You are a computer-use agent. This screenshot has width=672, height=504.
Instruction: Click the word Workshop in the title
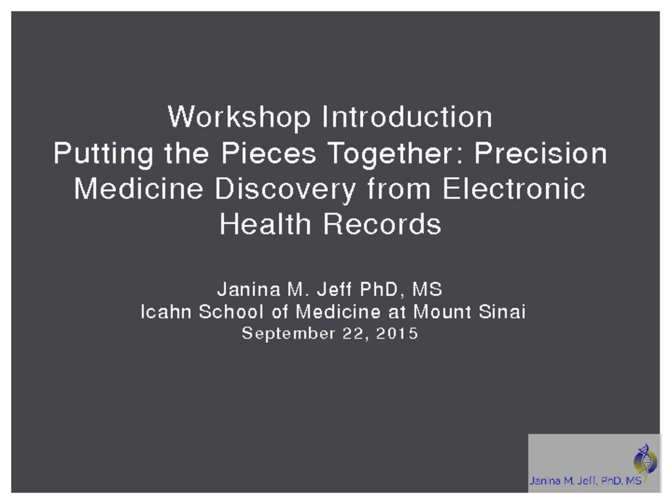click(x=239, y=117)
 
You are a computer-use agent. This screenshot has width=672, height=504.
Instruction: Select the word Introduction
click(x=407, y=117)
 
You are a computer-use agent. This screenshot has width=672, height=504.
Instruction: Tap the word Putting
click(x=103, y=154)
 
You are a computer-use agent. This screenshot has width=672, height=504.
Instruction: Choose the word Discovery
click(x=285, y=190)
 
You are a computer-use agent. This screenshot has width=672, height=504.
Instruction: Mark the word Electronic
click(x=514, y=188)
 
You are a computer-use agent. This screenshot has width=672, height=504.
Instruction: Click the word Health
click(x=265, y=224)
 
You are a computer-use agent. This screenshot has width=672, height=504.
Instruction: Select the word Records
click(x=382, y=224)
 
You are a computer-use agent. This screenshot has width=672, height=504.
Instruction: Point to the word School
click(x=231, y=312)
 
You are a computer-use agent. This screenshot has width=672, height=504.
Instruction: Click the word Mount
click(x=442, y=312)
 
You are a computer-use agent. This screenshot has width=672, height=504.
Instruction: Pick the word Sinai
click(x=502, y=312)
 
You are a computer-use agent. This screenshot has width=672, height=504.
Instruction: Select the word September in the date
click(x=289, y=334)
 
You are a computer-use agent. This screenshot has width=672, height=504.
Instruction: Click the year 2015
click(x=397, y=333)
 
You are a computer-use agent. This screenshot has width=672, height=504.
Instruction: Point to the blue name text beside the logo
click(x=585, y=480)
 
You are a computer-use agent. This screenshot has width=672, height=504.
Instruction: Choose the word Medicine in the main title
click(x=138, y=188)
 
